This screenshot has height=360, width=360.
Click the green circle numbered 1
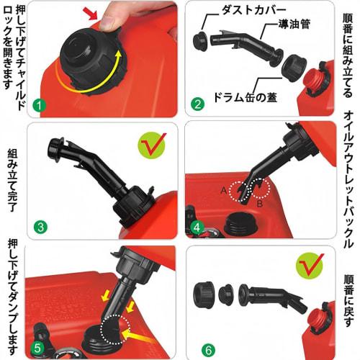pos(39,106)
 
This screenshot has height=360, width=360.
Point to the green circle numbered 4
pos(197,230)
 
